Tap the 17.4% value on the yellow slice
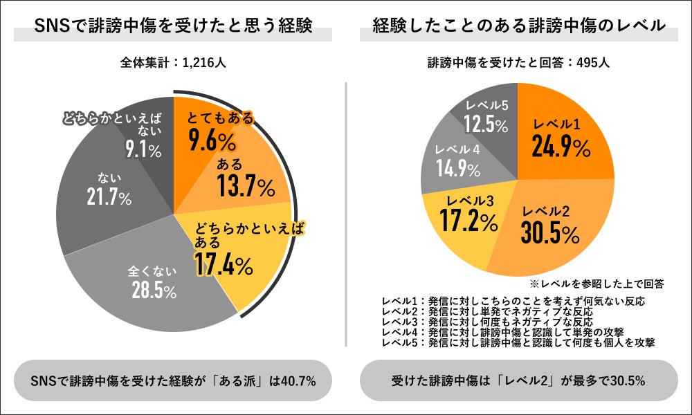tap(224, 264)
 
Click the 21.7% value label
tap(109, 199)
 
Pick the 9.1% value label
tap(143, 149)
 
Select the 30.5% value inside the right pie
tap(551, 233)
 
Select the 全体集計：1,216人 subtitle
tap(173, 63)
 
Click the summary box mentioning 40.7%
tap(173, 380)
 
